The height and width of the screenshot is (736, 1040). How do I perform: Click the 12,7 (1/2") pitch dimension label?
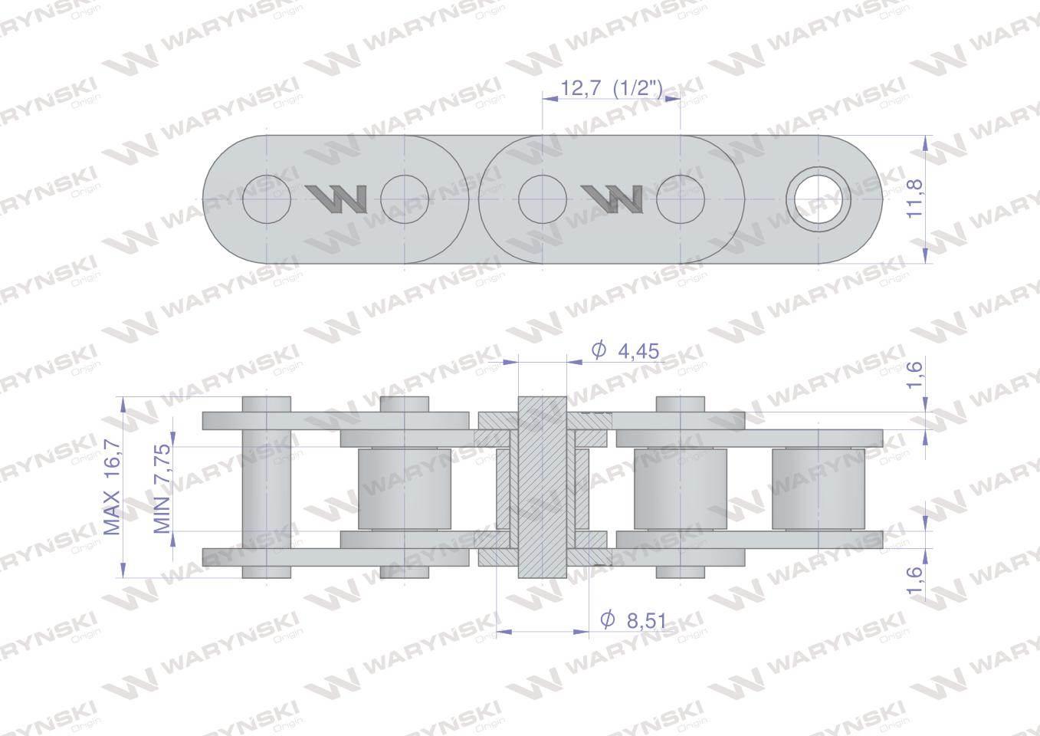point(611,87)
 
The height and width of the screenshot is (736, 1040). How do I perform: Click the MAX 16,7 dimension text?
point(111,487)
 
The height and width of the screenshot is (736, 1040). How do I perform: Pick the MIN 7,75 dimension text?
point(162,488)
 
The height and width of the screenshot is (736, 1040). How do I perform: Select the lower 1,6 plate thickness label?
point(915,580)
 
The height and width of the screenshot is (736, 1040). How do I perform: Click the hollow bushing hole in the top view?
point(818,199)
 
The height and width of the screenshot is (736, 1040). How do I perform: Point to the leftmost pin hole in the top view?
point(267,199)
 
